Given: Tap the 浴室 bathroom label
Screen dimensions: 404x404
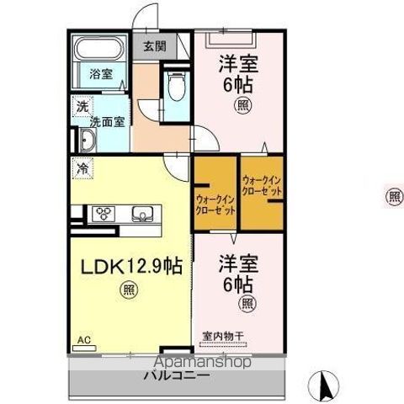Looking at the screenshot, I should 102,73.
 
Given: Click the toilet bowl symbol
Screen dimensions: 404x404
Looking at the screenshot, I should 176,85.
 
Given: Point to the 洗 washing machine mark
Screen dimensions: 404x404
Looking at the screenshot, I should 82,107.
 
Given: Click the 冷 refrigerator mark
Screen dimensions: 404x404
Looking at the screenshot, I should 82,167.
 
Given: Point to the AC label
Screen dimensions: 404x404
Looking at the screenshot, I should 83,340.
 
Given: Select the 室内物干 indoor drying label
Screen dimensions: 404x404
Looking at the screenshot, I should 222,336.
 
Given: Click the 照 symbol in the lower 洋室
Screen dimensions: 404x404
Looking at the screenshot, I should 247,303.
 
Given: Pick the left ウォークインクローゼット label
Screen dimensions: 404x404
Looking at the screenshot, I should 215,204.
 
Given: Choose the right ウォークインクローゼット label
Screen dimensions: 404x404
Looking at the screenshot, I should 262,186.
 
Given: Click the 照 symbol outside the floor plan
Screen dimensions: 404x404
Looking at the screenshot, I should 393,196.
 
